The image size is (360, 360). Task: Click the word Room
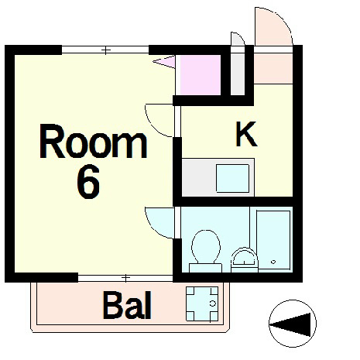(x=94, y=143)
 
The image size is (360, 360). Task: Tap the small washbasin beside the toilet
(x=243, y=257)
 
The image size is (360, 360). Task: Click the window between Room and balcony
(x=124, y=276)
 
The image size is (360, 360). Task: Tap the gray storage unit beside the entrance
(x=238, y=71)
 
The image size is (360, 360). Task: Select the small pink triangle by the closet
(x=163, y=60)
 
